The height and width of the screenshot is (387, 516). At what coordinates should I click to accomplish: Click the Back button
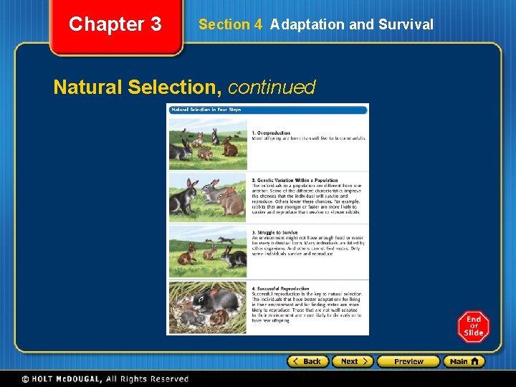point(308,361)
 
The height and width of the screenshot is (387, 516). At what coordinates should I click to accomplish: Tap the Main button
point(464,361)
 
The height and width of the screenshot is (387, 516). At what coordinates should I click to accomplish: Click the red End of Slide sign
point(473,326)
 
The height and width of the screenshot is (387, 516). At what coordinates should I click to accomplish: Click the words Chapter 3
point(115,24)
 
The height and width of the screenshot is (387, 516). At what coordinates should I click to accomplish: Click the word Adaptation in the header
point(306,24)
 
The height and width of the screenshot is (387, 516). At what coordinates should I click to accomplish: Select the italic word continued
point(272,87)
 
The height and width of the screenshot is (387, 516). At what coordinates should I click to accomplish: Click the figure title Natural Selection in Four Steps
point(206,110)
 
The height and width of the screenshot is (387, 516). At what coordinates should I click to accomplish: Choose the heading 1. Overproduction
point(271,133)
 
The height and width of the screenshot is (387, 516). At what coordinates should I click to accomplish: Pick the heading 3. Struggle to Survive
point(274,232)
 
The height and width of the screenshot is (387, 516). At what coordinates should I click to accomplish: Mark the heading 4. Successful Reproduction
point(280,289)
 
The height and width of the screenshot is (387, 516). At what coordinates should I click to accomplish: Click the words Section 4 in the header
point(230,24)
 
